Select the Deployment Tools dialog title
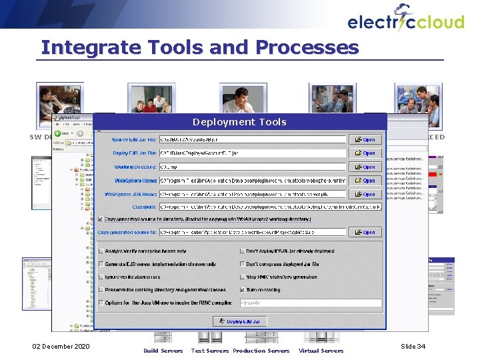click(239, 122)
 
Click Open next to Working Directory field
click(365, 167)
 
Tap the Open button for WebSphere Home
click(365, 181)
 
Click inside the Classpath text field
click(270, 207)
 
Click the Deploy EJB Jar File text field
click(253, 153)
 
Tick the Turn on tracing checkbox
click(243, 290)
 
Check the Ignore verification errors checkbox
click(101, 277)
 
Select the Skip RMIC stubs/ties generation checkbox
click(243, 277)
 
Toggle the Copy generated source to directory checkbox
click(101, 219)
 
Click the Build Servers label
click(163, 351)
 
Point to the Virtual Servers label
click(321, 351)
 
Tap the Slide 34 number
click(413, 347)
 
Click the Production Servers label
click(261, 351)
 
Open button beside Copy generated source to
click(365, 233)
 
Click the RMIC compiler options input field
click(310, 303)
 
